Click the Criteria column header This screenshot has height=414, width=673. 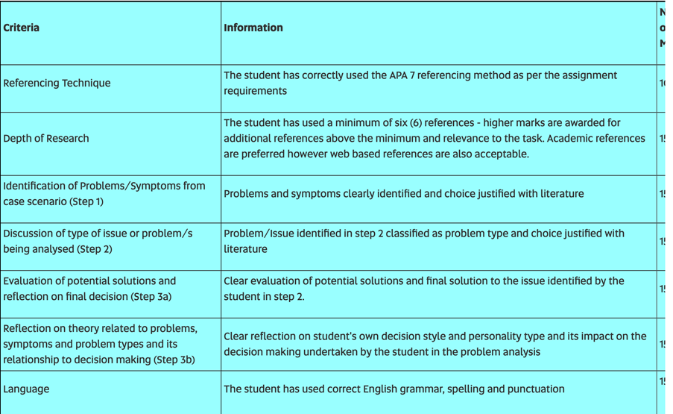(22, 28)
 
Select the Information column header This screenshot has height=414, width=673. (253, 28)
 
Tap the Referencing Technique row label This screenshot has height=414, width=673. (57, 84)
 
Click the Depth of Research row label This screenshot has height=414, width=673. (46, 139)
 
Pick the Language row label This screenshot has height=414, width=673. (26, 389)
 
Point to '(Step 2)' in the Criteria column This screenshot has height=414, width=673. (95, 249)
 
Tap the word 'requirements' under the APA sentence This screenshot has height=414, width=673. (255, 91)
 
